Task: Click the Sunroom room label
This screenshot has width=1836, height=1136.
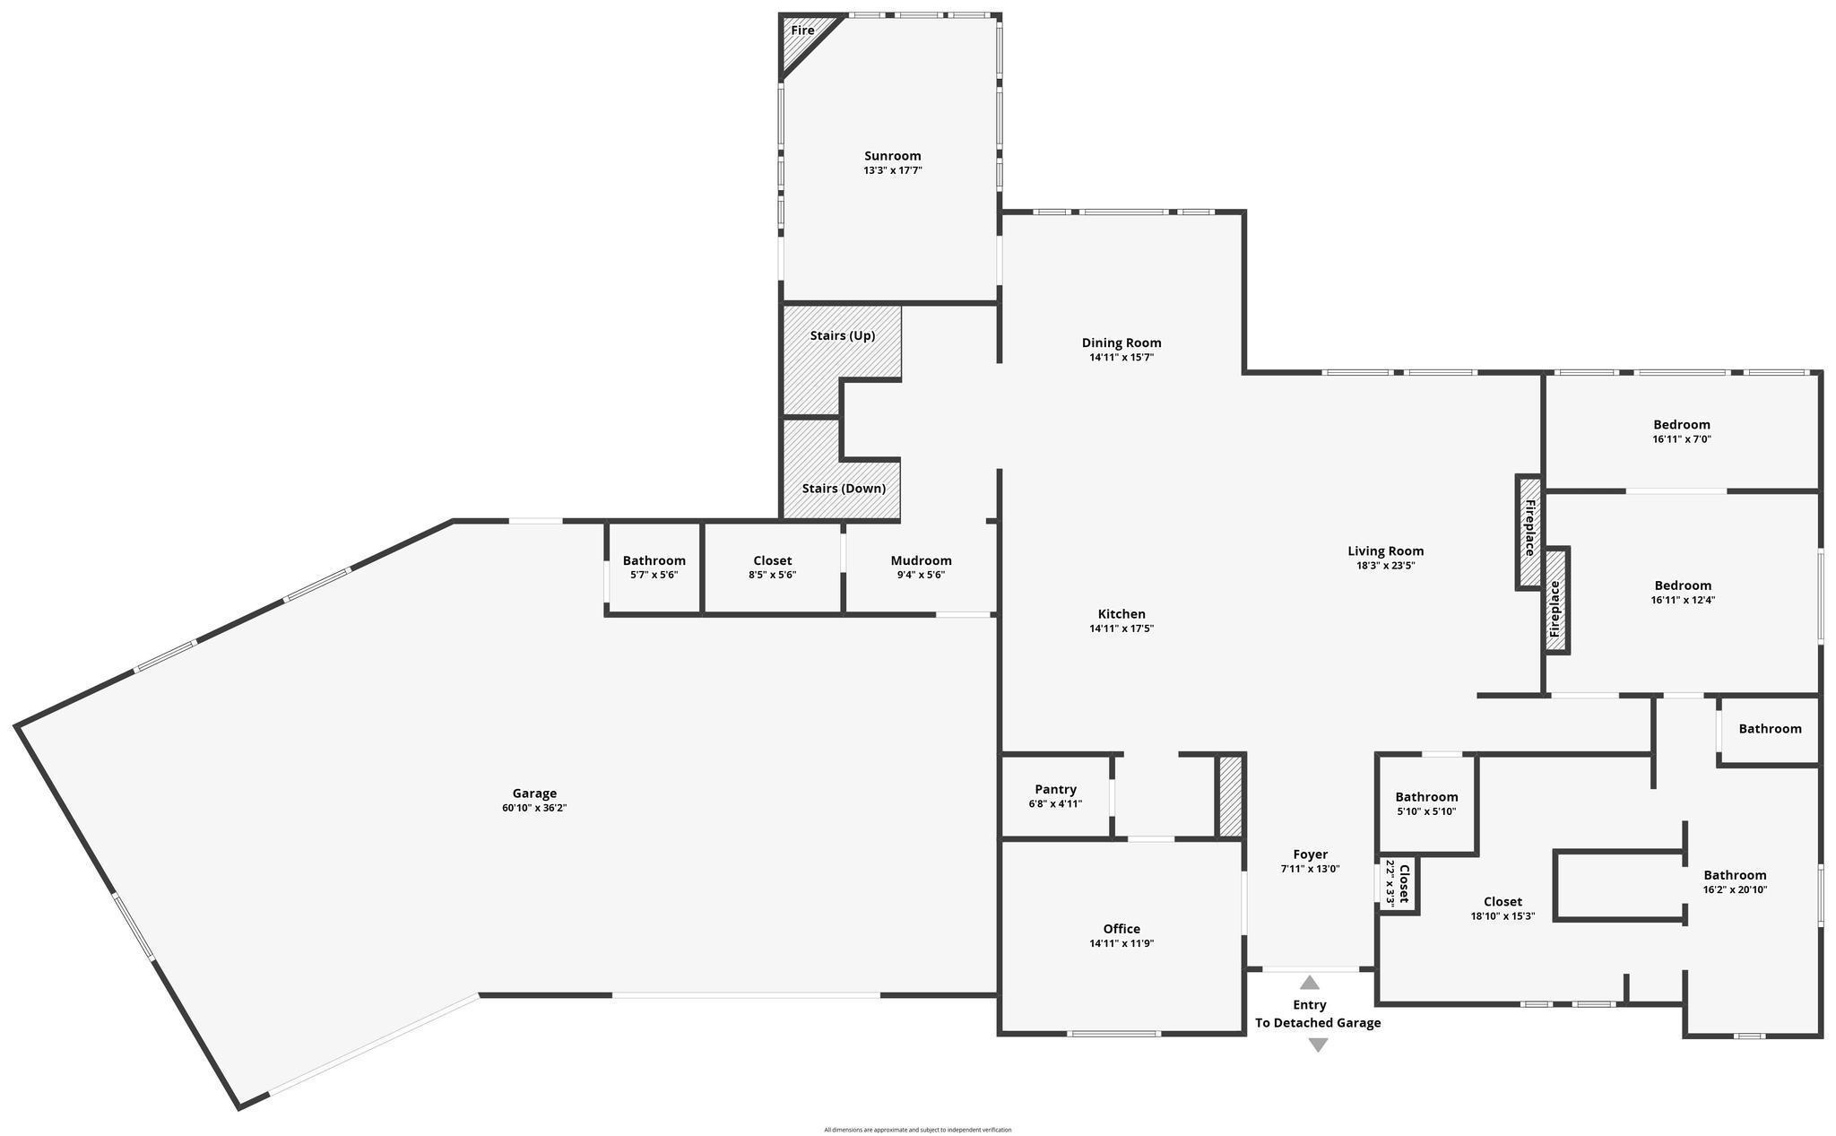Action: click(892, 156)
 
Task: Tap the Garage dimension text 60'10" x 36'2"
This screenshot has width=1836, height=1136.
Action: click(534, 808)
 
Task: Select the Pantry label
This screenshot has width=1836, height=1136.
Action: click(1055, 790)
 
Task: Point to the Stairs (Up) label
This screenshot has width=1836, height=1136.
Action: click(843, 336)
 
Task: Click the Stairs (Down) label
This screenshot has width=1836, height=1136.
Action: click(844, 489)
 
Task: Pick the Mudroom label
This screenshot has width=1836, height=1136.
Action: click(921, 561)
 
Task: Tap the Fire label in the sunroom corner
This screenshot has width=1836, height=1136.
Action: click(802, 30)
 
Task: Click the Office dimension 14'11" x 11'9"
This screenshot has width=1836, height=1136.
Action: click(1122, 943)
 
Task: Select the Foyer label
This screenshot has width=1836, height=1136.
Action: click(1310, 854)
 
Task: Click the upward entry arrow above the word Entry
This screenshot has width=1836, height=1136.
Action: click(1310, 983)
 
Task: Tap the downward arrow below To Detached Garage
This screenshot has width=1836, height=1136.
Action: click(1318, 1045)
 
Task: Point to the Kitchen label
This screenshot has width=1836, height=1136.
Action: click(1122, 614)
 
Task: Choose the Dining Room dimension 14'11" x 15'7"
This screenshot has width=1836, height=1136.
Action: click(1122, 357)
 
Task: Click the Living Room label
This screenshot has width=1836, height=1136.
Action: click(1385, 551)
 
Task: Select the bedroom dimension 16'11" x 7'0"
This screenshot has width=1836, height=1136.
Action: click(1682, 439)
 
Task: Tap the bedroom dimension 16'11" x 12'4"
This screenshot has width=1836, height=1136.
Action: click(1683, 600)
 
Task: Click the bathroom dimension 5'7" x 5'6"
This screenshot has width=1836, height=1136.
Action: click(654, 575)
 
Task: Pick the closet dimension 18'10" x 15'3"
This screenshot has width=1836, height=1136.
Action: click(1503, 916)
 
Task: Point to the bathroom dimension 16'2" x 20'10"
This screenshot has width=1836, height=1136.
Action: click(1735, 889)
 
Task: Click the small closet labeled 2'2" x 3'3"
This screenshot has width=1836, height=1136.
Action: click(1398, 883)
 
